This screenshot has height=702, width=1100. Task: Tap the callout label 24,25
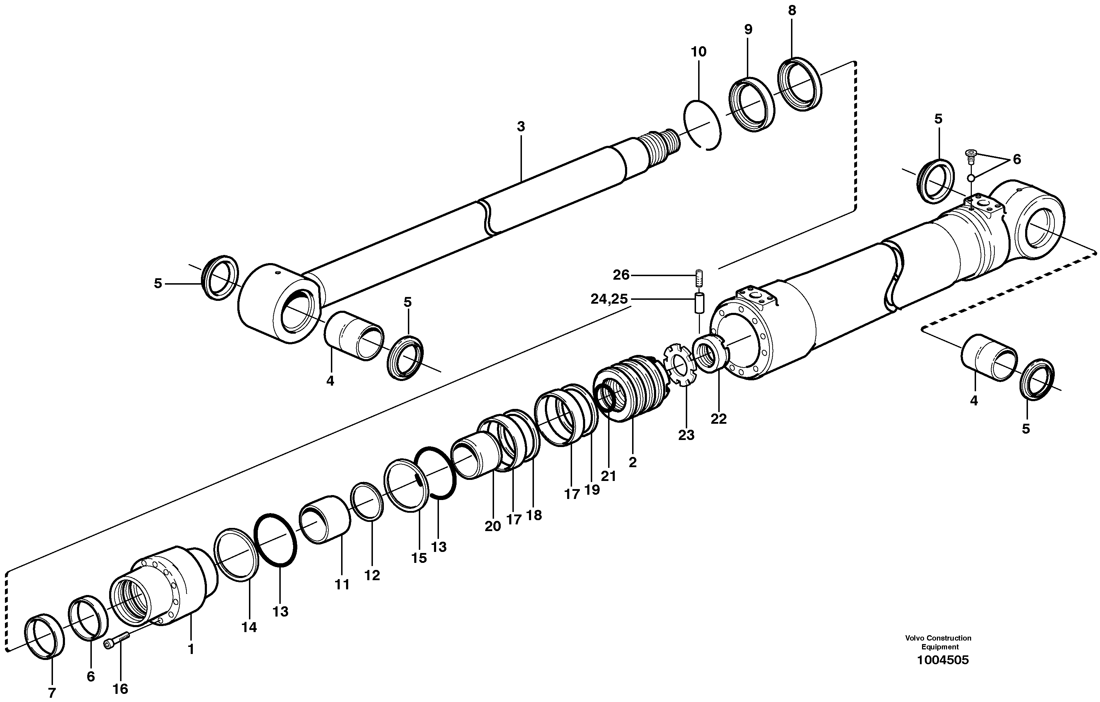click(x=609, y=299)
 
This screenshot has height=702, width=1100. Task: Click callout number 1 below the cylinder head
click(x=191, y=649)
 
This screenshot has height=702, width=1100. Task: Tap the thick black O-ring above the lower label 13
click(x=275, y=540)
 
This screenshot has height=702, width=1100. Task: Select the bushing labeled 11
click(x=325, y=519)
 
